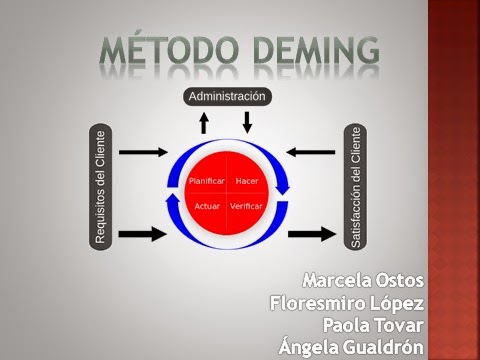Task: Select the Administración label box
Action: click(227, 96)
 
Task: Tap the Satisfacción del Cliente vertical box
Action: click(353, 187)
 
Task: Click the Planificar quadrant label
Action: click(205, 181)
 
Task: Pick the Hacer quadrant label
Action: click(247, 181)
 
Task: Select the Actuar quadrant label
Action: click(207, 205)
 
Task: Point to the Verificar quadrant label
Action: click(246, 205)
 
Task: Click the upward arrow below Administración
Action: click(205, 123)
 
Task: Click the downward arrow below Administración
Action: click(248, 122)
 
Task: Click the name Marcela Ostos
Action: click(363, 277)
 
